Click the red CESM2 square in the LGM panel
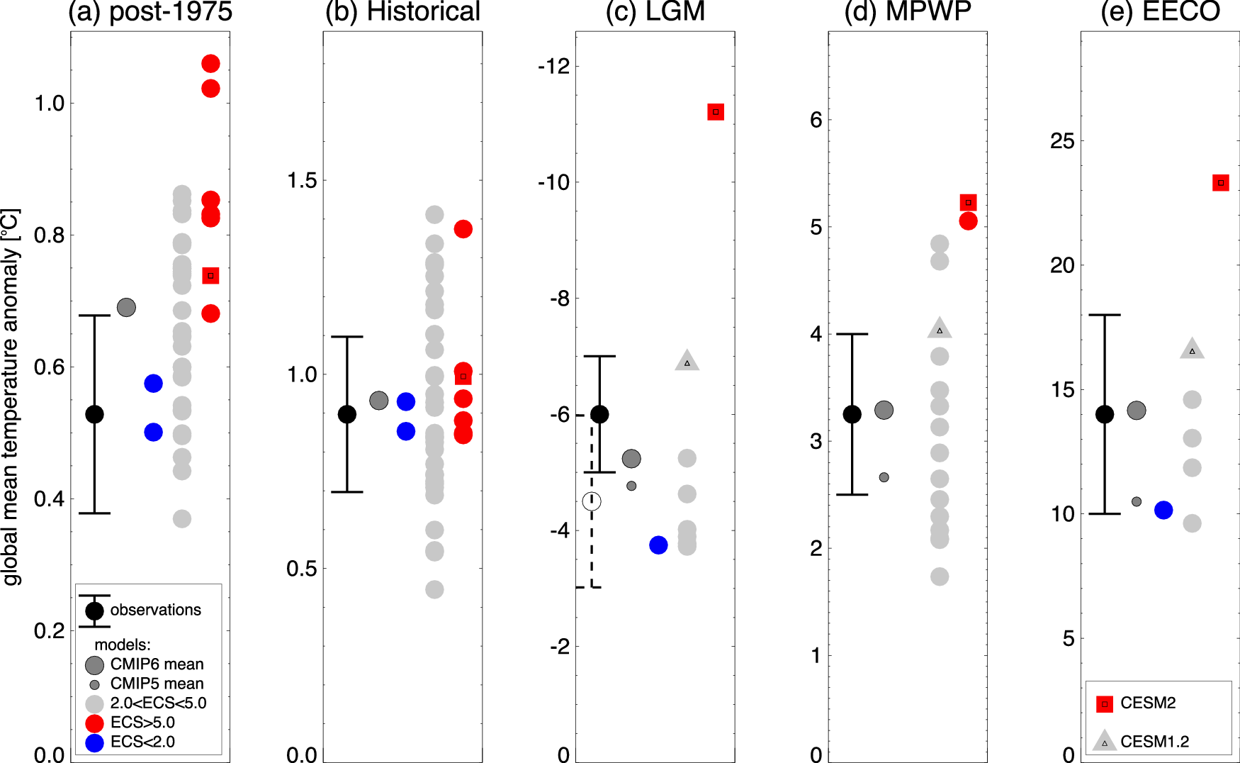click(716, 112)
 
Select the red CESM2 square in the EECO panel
click(1220, 183)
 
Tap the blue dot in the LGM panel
click(658, 545)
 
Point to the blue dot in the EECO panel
click(1163, 510)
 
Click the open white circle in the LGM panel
click(592, 501)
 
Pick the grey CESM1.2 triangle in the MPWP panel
click(940, 329)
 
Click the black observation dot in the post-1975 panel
click(94, 414)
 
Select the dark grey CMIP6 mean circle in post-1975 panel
click(126, 307)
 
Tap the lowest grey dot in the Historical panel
click(434, 589)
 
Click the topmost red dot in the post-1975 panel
click(210, 64)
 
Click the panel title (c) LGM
click(655, 12)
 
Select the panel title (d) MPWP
click(908, 12)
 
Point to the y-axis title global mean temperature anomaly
click(11, 397)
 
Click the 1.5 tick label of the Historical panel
click(302, 181)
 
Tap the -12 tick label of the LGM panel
click(553, 67)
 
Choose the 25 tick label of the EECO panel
click(1062, 141)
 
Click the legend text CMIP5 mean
click(157, 684)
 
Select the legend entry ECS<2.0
click(142, 742)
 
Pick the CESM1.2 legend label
click(1154, 742)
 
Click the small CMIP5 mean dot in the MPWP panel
click(884, 477)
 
